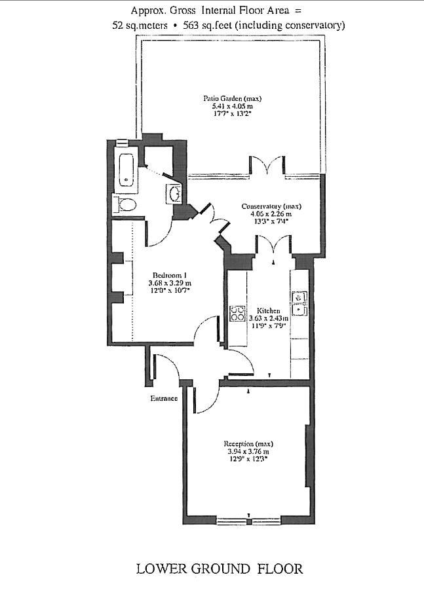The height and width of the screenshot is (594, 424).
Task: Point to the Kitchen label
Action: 268,310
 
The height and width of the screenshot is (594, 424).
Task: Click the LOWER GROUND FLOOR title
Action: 219,568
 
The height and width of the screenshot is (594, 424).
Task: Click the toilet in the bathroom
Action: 125,206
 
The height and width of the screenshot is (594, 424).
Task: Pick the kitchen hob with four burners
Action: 237,314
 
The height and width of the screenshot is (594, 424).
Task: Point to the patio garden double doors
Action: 267,166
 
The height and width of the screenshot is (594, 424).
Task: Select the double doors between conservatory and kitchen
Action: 273,247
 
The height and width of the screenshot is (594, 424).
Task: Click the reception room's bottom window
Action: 246,521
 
